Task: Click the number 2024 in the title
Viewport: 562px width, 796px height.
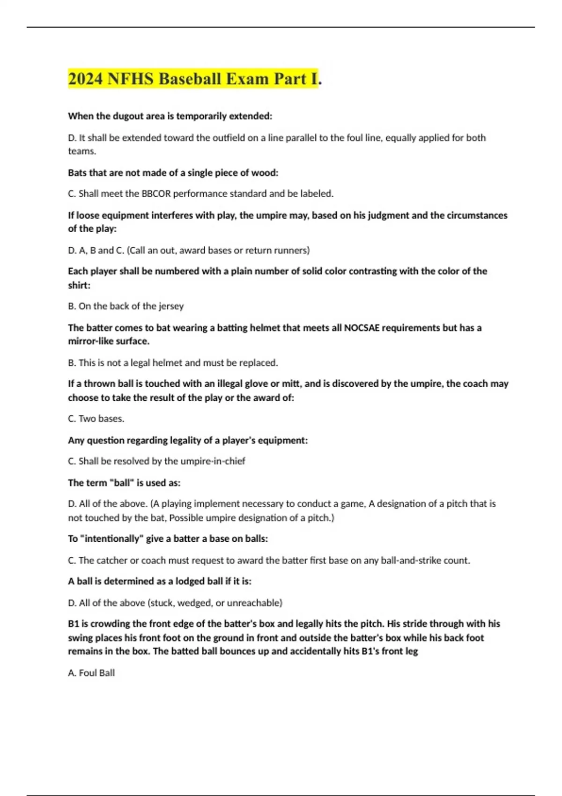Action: coord(85,79)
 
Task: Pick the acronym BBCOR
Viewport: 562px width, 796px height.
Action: coord(156,194)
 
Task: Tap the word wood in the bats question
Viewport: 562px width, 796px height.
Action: coord(265,173)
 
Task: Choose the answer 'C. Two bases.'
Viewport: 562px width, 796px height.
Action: coord(96,419)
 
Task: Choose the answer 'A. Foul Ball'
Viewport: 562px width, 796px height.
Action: coord(91,673)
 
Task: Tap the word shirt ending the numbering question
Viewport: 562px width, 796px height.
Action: coord(79,285)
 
